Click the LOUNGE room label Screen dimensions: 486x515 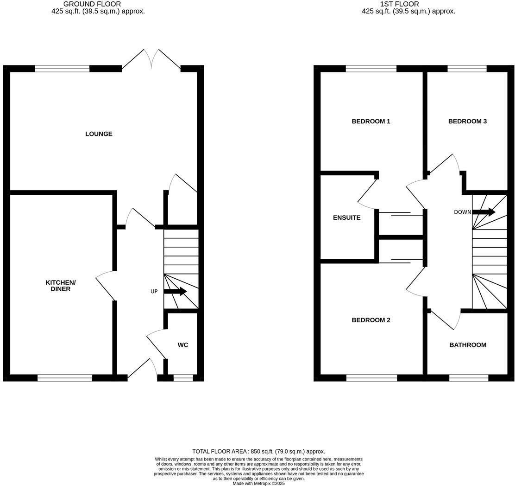click(x=99, y=134)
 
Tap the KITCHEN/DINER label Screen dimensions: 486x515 click(x=61, y=286)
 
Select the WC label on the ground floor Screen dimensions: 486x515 click(x=183, y=345)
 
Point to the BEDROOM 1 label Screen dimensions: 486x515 click(x=371, y=121)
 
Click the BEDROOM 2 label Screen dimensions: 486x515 click(x=371, y=320)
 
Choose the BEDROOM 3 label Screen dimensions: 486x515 click(x=467, y=121)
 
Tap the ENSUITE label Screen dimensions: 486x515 click(x=347, y=217)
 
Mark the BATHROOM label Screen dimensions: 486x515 click(x=468, y=345)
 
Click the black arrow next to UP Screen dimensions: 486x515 click(x=175, y=292)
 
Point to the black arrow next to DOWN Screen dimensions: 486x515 click(x=484, y=212)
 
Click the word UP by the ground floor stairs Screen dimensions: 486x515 click(x=154, y=292)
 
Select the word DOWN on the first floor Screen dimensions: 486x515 click(x=462, y=212)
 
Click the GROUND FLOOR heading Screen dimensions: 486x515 click(x=92, y=4)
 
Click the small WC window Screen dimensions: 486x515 click(x=183, y=378)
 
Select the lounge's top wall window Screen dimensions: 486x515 click(x=62, y=69)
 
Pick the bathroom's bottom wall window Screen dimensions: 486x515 click(x=468, y=378)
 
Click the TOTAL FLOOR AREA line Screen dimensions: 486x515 click(x=258, y=451)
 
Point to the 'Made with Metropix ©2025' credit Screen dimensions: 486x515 click(x=258, y=483)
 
